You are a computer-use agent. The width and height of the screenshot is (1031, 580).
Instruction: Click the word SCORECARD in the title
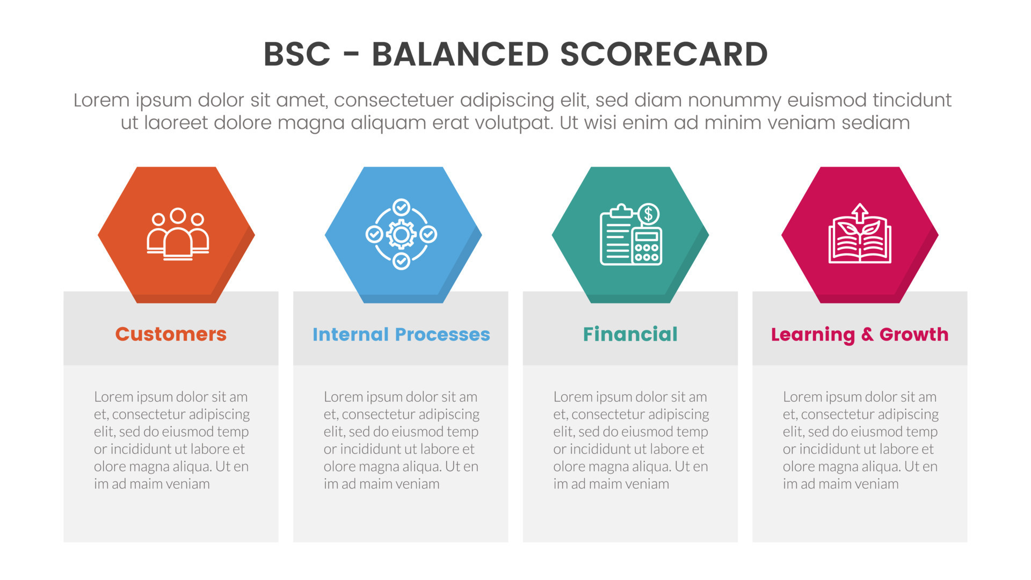coord(664,54)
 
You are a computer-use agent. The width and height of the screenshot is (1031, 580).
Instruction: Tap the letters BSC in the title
coord(297,54)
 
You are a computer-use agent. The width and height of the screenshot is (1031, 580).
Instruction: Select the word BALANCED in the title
coord(460,54)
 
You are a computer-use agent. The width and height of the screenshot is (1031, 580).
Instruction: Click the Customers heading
coord(171,334)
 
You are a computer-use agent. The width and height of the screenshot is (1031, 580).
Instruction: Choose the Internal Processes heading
coord(401,334)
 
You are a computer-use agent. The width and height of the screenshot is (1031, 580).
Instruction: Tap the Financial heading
coord(630,334)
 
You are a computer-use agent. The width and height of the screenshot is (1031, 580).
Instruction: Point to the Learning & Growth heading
coord(860,335)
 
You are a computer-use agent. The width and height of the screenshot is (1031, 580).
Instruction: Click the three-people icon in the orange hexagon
coord(178,234)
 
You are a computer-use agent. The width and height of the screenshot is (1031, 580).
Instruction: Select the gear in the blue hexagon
coord(401,234)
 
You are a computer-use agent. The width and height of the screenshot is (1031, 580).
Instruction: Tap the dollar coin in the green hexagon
coord(649,214)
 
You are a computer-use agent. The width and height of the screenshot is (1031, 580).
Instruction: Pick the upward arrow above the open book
coord(860,213)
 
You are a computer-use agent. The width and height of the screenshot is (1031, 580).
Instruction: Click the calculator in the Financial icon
coord(647,246)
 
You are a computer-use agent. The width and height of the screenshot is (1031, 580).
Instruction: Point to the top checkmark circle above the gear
coord(401,207)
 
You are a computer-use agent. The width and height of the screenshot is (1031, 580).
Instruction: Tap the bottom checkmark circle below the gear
coord(401,261)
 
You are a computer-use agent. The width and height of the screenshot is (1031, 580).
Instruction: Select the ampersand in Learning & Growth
coord(867,334)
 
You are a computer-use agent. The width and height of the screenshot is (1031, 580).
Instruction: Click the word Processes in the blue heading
coord(442,334)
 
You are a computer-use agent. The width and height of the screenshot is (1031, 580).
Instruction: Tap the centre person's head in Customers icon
coord(178,215)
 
